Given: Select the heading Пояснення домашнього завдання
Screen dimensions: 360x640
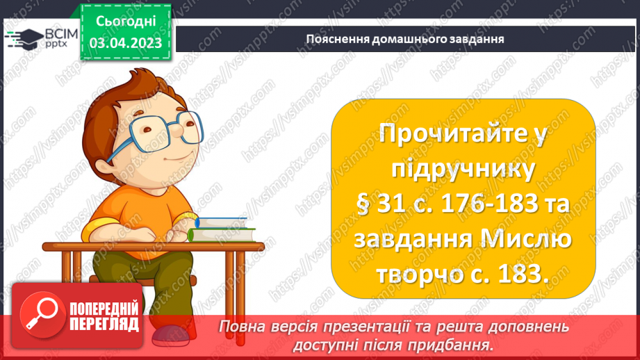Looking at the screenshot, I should click(405, 38).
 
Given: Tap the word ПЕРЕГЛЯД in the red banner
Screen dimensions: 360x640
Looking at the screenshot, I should click(104, 324).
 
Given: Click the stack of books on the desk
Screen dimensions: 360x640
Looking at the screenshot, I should click(221, 229).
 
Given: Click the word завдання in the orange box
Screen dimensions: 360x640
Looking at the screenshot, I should click(411, 240).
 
